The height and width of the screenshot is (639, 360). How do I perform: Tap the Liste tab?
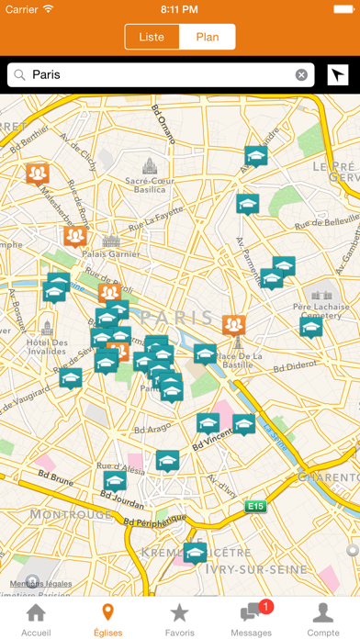click(152, 37)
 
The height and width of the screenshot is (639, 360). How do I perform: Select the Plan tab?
click(208, 37)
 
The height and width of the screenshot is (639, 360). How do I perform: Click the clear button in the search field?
click(301, 75)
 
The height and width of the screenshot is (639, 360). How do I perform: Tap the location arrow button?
click(337, 75)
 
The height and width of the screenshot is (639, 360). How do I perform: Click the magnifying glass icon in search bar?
click(18, 75)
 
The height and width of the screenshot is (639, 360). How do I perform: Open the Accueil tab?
click(36, 619)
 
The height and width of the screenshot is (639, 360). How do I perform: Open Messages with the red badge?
click(252, 619)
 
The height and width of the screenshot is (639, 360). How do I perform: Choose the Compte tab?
click(323, 619)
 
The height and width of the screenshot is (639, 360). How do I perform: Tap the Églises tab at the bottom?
click(107, 619)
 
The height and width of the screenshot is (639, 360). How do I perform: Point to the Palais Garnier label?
click(110, 254)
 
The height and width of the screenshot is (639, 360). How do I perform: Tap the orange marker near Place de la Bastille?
click(234, 324)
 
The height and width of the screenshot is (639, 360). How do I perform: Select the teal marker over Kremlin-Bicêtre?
click(195, 551)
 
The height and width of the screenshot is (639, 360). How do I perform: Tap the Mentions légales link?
click(41, 584)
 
